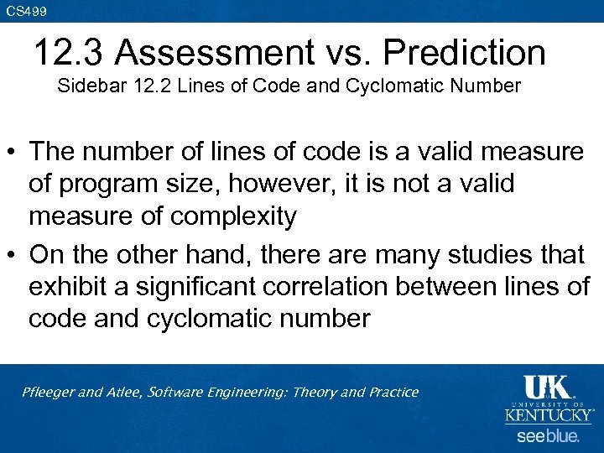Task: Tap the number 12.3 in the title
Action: pyautogui.click(x=70, y=53)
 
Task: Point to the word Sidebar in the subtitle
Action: pyautogui.click(x=86, y=86)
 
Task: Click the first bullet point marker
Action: pyautogui.click(x=13, y=154)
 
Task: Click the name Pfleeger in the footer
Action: pyautogui.click(x=48, y=392)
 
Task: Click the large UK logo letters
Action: pyautogui.click(x=547, y=388)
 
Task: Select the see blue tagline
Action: pyautogui.click(x=547, y=436)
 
